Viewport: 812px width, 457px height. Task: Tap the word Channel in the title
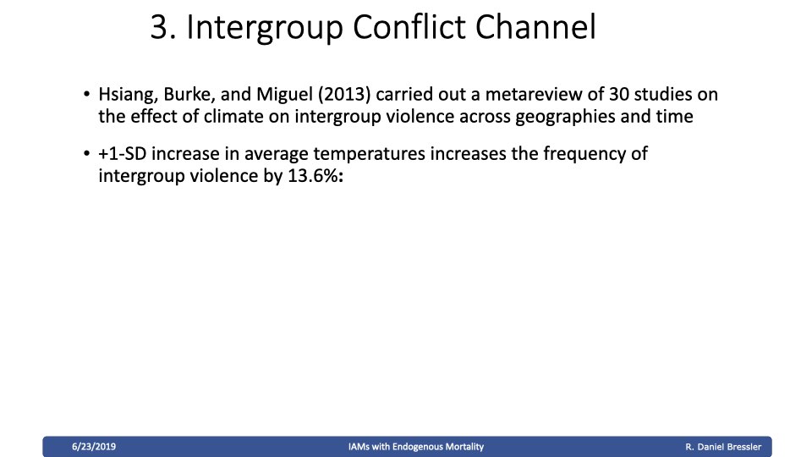tap(536, 27)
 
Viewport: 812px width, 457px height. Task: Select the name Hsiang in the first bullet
tap(129, 95)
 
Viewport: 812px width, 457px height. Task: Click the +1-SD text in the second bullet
tap(122, 154)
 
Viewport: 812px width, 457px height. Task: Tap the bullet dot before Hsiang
tap(86, 95)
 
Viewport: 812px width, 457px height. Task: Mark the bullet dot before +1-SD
tap(86, 154)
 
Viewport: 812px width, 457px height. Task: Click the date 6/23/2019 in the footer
tap(94, 447)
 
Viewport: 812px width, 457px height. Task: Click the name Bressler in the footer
tap(744, 447)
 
